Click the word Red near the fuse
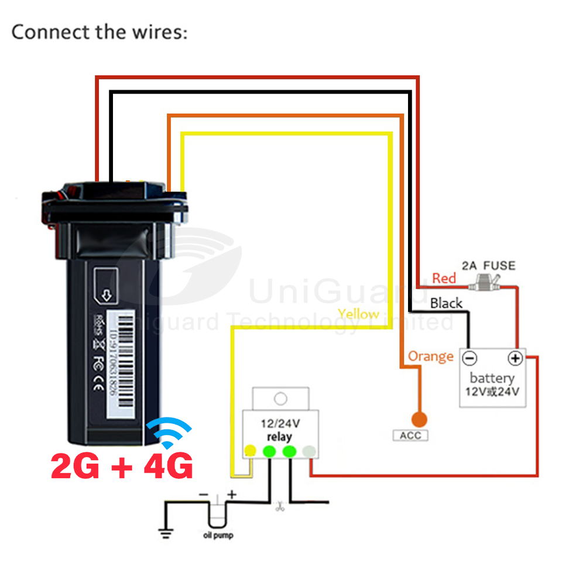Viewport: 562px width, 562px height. click(444, 277)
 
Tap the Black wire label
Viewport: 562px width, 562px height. click(446, 303)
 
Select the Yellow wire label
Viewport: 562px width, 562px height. click(359, 314)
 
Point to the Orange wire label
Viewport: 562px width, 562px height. click(431, 356)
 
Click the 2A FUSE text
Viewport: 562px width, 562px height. click(489, 266)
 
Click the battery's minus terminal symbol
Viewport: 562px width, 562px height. click(470, 358)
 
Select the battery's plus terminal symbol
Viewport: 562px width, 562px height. click(515, 358)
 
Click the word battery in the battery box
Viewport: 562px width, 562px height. click(492, 378)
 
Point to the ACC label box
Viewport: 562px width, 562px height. click(410, 435)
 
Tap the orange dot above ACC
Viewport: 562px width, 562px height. click(419, 419)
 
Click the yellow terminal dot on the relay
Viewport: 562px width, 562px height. click(251, 450)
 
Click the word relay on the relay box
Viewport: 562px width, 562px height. click(279, 437)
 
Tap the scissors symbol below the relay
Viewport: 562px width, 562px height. click(279, 508)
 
